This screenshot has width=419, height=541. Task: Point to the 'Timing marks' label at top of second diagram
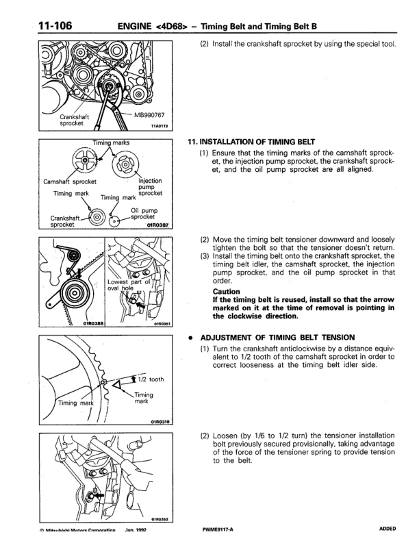pos(101,143)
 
